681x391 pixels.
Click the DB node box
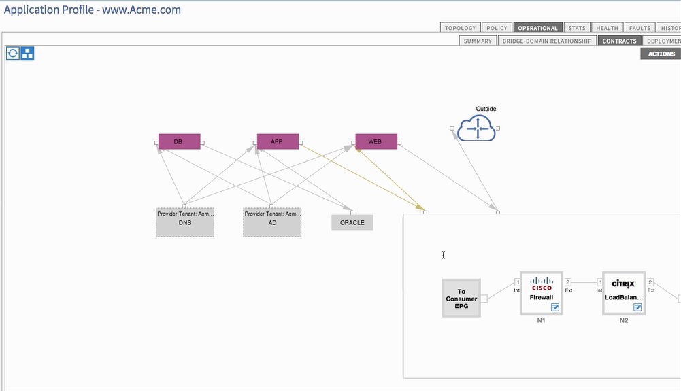(179, 141)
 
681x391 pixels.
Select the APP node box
(277, 141)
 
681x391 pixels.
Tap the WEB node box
(376, 141)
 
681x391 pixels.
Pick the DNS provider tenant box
(185, 222)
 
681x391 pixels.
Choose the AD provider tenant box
(272, 222)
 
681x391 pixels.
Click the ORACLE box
(352, 222)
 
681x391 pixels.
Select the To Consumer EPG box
(461, 299)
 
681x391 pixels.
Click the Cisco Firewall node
(542, 293)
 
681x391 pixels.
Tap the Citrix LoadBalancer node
(623, 293)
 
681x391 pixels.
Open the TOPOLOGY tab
(461, 28)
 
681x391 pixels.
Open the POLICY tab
(497, 28)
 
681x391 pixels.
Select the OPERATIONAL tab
(537, 28)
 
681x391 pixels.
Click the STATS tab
(577, 28)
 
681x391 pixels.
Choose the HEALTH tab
(607, 28)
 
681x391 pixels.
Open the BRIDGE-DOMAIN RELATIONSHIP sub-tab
(547, 41)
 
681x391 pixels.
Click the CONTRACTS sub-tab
(619, 41)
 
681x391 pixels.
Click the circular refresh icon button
(13, 53)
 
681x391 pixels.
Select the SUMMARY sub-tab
(478, 41)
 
